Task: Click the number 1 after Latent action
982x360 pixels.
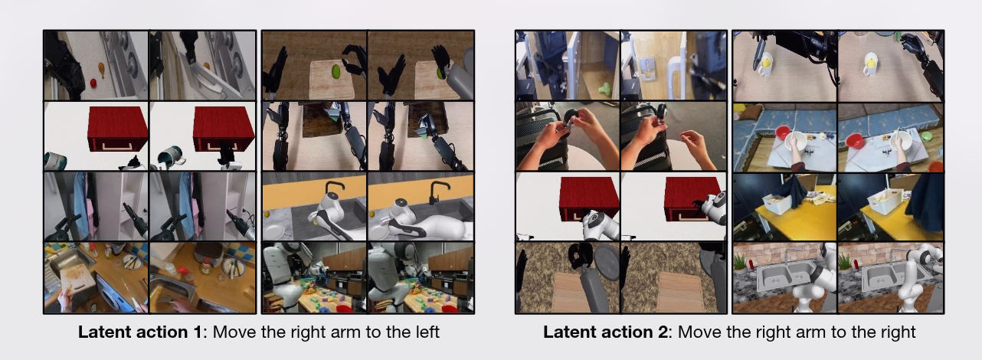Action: (x=197, y=332)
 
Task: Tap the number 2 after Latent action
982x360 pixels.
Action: (x=663, y=332)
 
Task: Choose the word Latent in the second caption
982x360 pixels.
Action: (x=566, y=332)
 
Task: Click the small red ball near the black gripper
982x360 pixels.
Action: (x=93, y=83)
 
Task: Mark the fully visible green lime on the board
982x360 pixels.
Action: (x=336, y=71)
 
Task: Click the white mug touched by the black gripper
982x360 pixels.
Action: (x=765, y=64)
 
